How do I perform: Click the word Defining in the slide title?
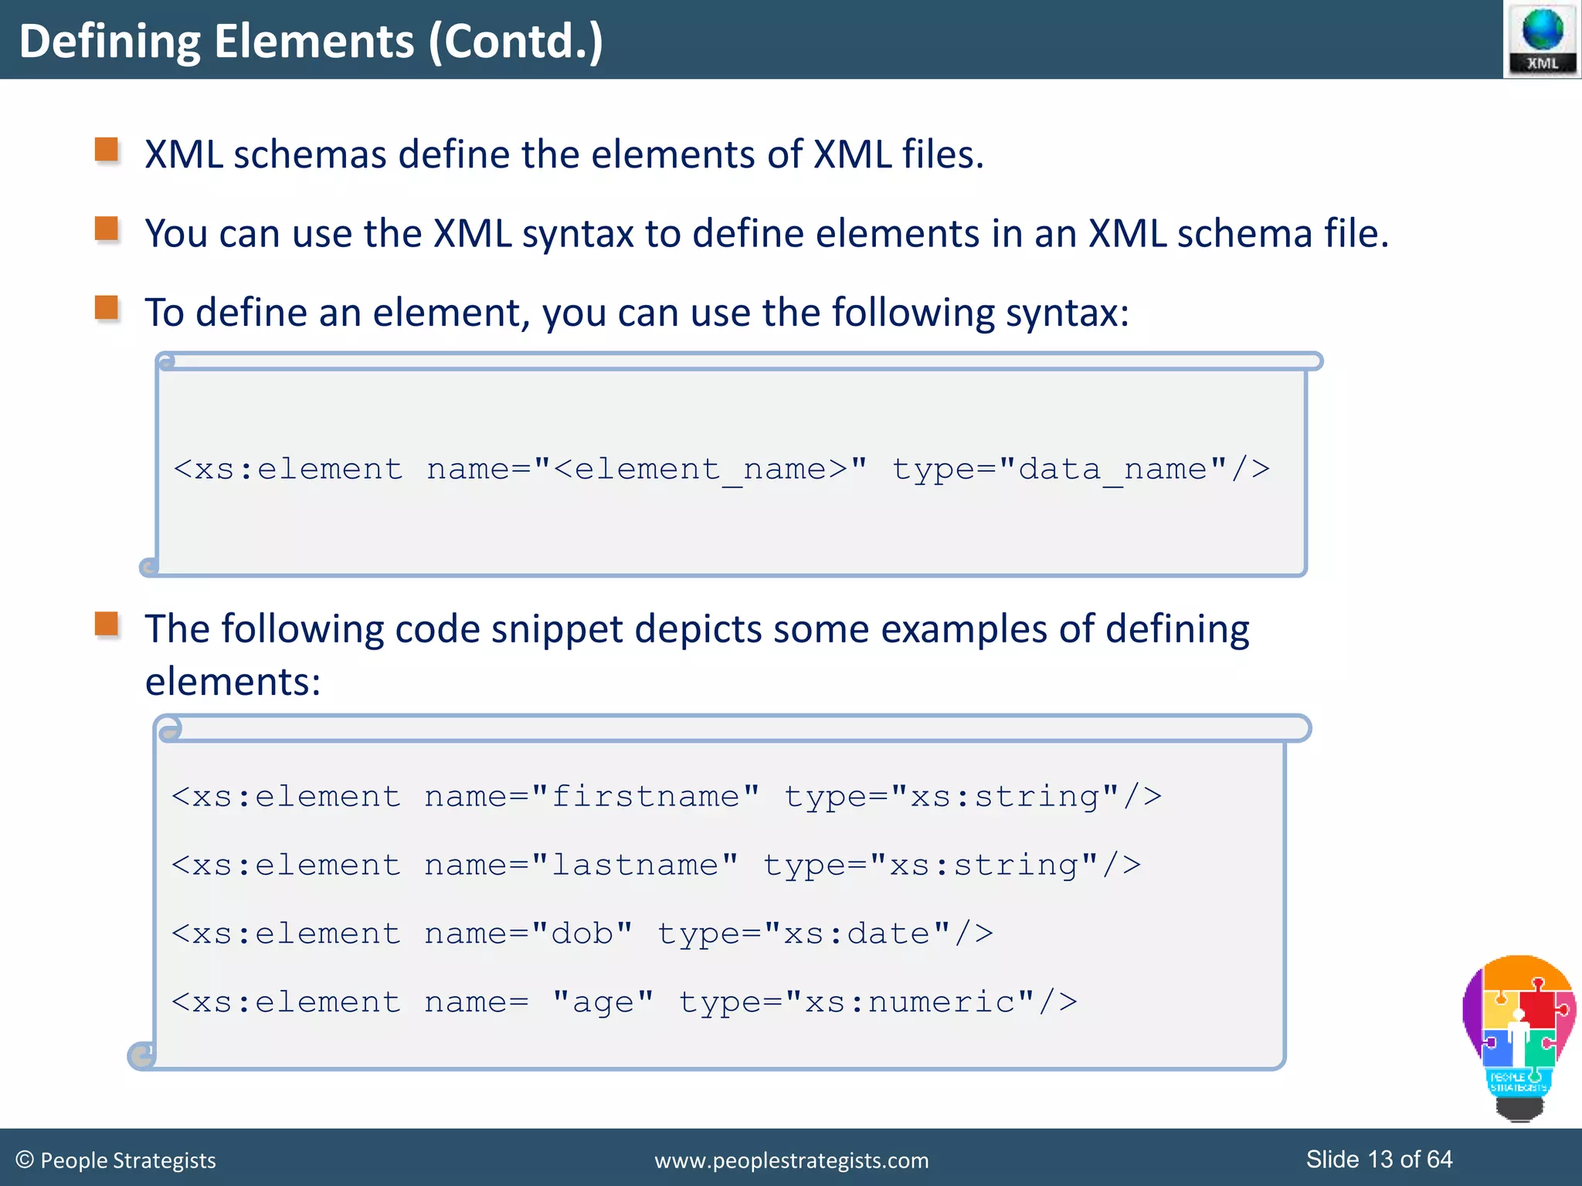point(109,42)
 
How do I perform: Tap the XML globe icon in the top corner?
point(1542,39)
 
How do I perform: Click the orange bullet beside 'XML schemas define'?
point(107,150)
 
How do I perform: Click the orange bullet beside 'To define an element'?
point(107,308)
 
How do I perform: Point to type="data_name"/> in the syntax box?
point(1081,469)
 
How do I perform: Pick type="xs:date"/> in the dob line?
point(825,934)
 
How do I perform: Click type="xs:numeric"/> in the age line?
point(878,1003)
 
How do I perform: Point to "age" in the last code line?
point(603,1003)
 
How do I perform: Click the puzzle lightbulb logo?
point(1519,1035)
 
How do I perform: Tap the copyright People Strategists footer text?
point(116,1161)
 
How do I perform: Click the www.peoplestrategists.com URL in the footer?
point(791,1161)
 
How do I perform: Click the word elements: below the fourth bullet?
point(233,682)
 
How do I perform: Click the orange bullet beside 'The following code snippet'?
point(107,624)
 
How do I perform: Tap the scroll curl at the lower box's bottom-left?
point(141,1055)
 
